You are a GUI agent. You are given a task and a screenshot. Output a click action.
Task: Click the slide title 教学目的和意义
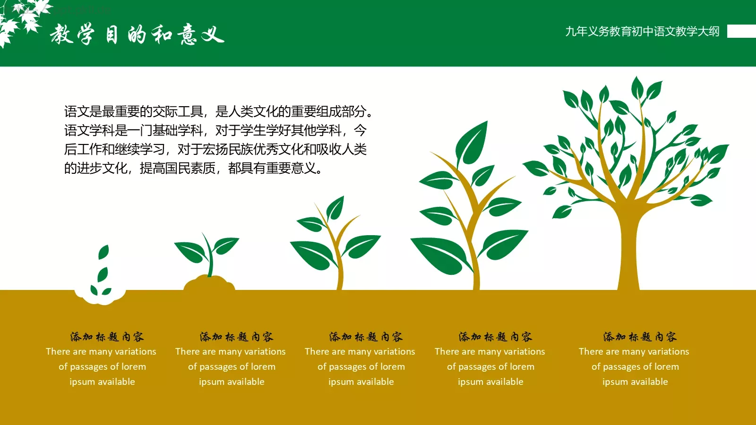click(137, 34)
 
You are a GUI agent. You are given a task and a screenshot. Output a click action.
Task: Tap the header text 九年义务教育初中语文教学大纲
click(642, 32)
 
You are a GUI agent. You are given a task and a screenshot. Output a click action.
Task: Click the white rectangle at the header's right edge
click(741, 31)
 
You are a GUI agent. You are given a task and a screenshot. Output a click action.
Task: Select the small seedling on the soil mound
click(208, 253)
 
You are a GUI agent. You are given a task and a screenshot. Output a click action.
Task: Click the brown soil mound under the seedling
click(209, 283)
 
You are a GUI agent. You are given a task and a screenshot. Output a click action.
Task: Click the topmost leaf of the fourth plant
click(472, 142)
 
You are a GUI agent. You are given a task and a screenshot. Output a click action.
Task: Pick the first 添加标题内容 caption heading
click(107, 337)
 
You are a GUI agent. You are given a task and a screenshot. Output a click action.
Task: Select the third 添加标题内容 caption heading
click(366, 337)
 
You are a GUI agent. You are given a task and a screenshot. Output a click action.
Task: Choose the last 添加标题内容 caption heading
click(640, 337)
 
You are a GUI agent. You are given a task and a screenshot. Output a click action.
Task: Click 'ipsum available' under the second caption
click(232, 382)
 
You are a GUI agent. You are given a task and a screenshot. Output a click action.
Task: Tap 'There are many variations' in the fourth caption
click(490, 351)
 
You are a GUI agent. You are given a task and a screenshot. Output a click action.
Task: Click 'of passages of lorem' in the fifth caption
click(635, 366)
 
